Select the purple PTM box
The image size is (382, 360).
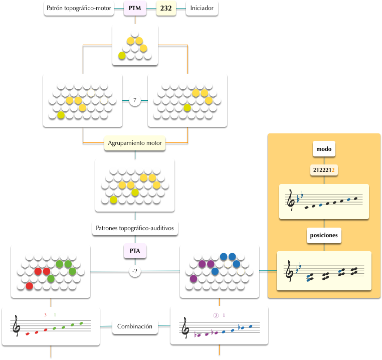coord(135,9)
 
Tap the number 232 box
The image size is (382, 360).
coord(166,9)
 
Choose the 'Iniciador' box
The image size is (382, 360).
coord(202,9)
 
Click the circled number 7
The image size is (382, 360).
coord(135,100)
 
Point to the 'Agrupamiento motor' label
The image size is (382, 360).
coord(135,143)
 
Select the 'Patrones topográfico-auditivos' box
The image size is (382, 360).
coord(135,228)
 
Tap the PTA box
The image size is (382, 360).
coord(135,250)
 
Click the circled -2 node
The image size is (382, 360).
coord(135,271)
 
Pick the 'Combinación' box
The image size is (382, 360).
coord(135,326)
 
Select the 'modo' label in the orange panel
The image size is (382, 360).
coord(323,149)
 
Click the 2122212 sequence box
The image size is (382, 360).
coord(323,170)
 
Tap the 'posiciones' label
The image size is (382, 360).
coord(323,235)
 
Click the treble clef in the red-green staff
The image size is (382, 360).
coord(17,326)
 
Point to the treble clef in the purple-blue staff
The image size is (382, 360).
coord(185,328)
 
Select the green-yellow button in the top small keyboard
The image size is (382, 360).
coord(122,56)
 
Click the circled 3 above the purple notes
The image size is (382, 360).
coord(216,315)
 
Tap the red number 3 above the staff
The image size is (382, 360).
coord(45,315)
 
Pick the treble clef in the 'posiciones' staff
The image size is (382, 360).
coord(289,272)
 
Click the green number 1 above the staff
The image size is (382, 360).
coord(55,315)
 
